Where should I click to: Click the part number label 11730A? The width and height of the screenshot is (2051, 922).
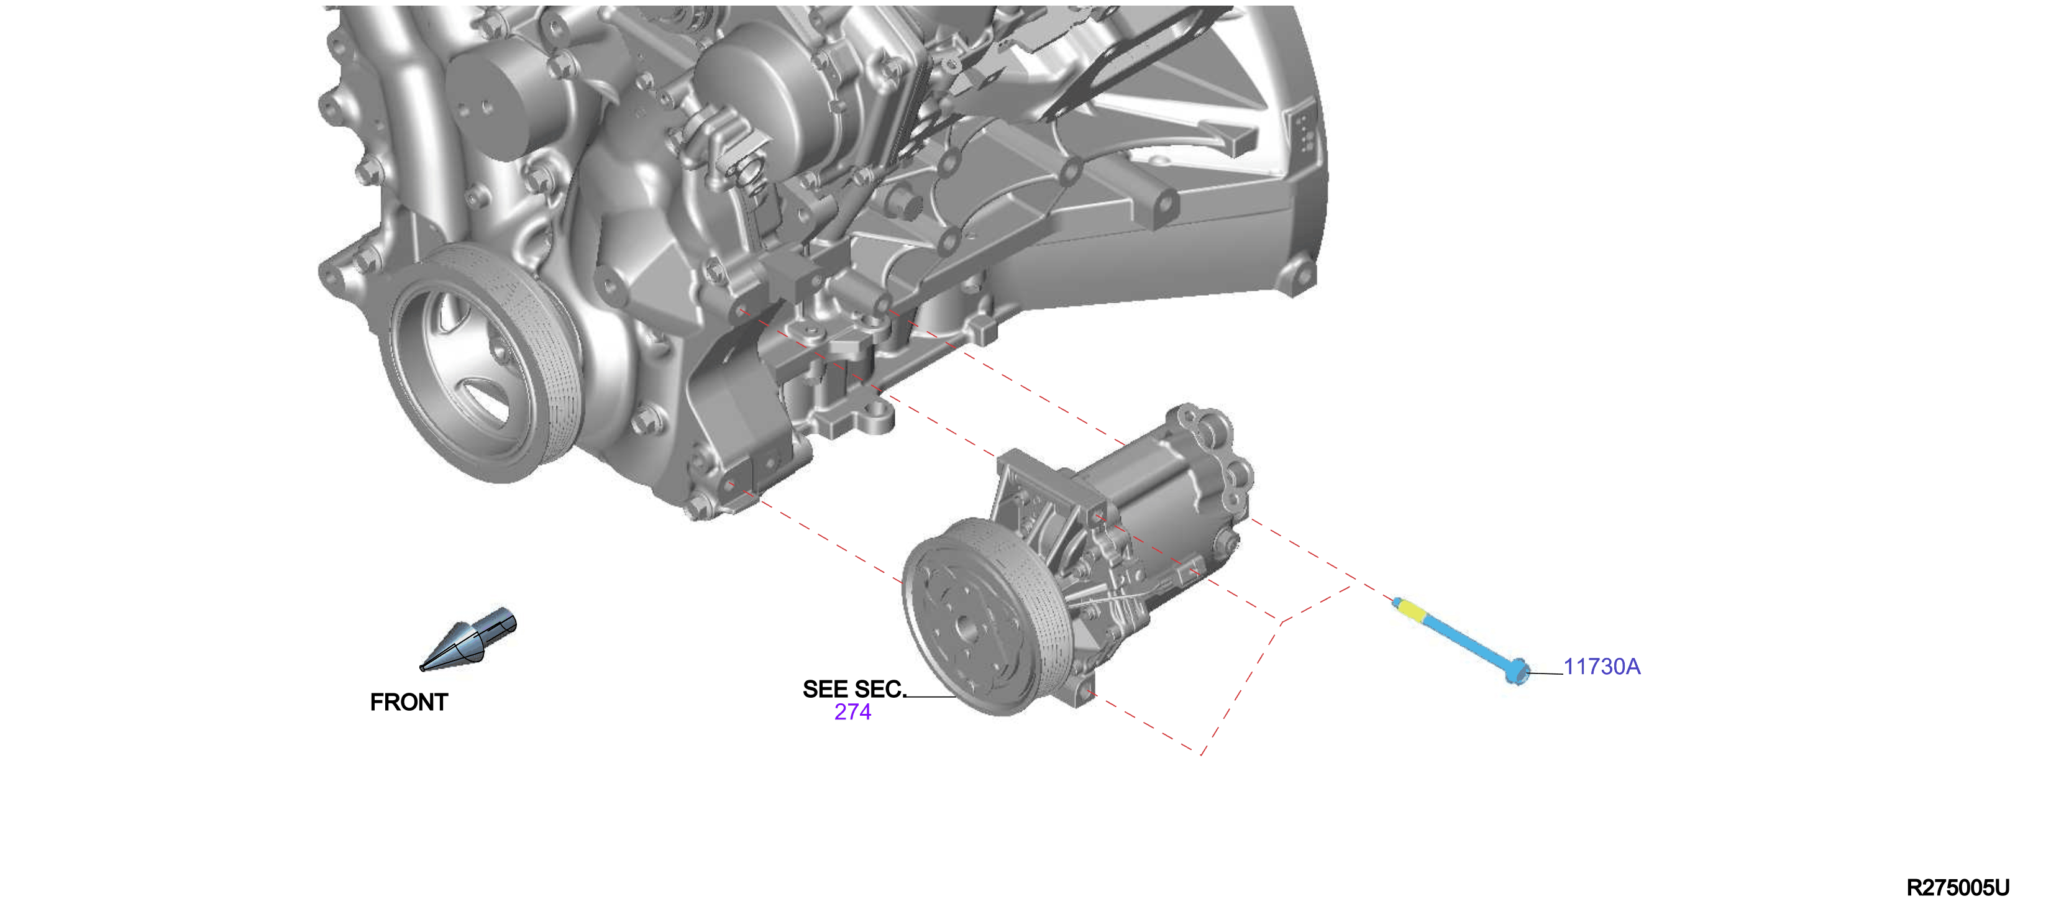[1601, 667]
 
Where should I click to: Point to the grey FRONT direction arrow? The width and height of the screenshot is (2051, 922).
[468, 639]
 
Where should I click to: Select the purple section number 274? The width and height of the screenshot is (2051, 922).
[852, 712]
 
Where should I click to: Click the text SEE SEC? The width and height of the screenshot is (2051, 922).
[854, 689]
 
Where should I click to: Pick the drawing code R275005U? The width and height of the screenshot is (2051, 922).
[1957, 888]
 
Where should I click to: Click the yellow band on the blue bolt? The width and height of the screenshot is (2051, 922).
[1412, 611]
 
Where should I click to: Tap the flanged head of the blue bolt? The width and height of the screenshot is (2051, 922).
[1517, 671]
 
